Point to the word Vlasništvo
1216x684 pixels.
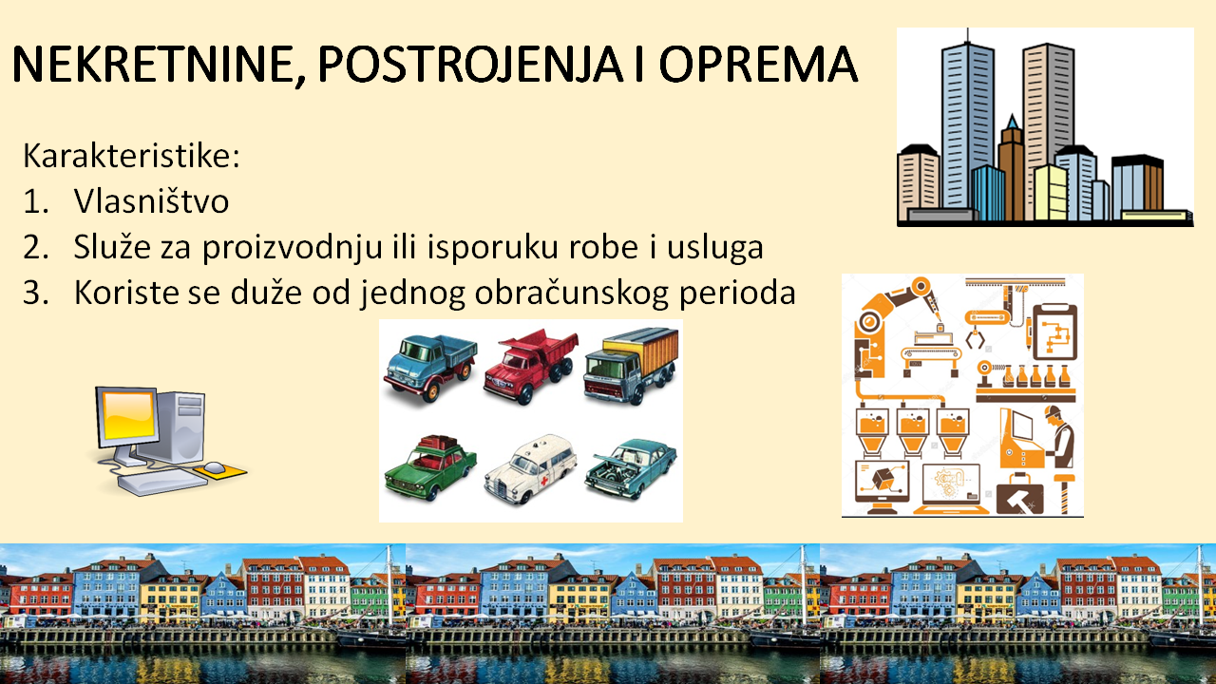pos(151,200)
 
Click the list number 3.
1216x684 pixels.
pos(36,294)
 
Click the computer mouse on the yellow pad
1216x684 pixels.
pos(214,466)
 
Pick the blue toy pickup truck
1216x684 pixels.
pos(430,367)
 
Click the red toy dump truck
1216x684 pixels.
pos(530,366)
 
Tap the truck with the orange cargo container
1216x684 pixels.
pos(632,365)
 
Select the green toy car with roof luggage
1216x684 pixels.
pos(430,467)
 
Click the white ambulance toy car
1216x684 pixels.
pos(530,468)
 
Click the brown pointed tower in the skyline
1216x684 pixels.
pos(1011,168)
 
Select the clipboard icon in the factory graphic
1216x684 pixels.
pos(1054,332)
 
